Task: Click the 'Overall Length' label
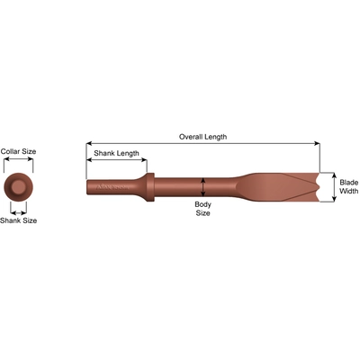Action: click(202, 137)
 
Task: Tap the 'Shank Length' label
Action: click(116, 153)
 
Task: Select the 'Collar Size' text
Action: click(18, 151)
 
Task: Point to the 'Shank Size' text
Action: click(18, 220)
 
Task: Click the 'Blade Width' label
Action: click(349, 186)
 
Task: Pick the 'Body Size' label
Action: click(202, 209)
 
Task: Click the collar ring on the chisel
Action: click(150, 187)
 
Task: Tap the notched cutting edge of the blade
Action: click(320, 187)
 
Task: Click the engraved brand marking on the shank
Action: click(112, 188)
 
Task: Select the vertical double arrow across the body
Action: click(203, 187)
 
